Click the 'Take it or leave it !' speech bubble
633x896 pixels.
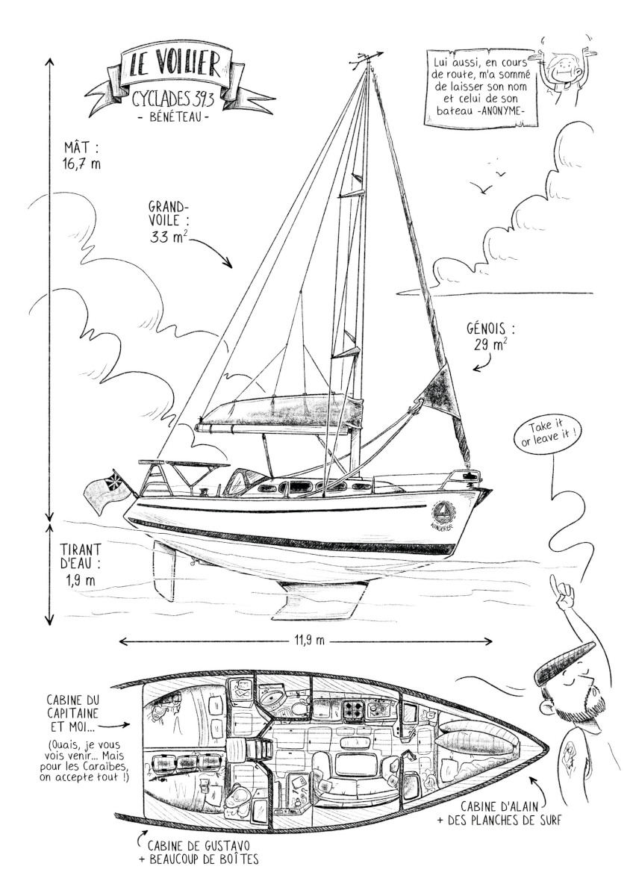click(544, 436)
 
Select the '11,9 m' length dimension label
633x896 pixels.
click(305, 641)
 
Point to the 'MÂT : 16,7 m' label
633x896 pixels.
click(81, 156)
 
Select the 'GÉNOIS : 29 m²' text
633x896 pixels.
click(490, 336)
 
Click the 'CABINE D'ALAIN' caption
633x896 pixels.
click(497, 807)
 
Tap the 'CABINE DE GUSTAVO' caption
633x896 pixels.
click(199, 846)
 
